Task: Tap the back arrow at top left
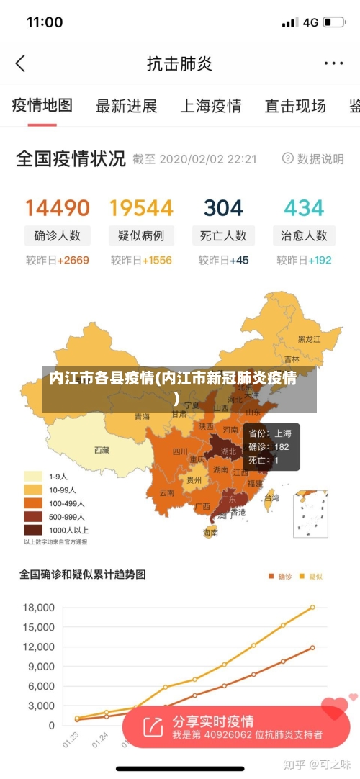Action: (20, 63)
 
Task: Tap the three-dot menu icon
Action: (333, 63)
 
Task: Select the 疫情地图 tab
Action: (42, 106)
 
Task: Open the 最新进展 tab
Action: (127, 107)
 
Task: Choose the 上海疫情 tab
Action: (211, 107)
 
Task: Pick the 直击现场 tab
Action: (295, 107)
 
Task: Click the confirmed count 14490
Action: (58, 208)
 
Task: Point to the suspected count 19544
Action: (141, 208)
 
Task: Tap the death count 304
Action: (223, 208)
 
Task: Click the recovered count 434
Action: (304, 208)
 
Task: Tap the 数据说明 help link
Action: (313, 158)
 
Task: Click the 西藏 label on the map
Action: (102, 450)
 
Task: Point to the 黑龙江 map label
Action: (309, 338)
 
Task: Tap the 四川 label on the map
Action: (180, 452)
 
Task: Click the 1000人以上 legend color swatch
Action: (33, 530)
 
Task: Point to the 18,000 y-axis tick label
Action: (39, 607)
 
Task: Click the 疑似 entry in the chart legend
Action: (311, 576)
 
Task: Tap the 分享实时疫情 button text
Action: (213, 721)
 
